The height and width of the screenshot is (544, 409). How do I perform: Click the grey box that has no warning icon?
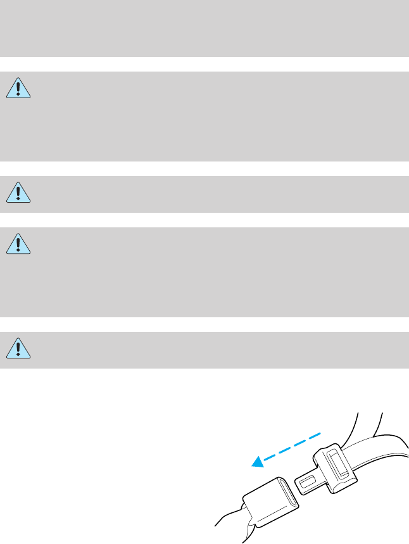click(x=204, y=28)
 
